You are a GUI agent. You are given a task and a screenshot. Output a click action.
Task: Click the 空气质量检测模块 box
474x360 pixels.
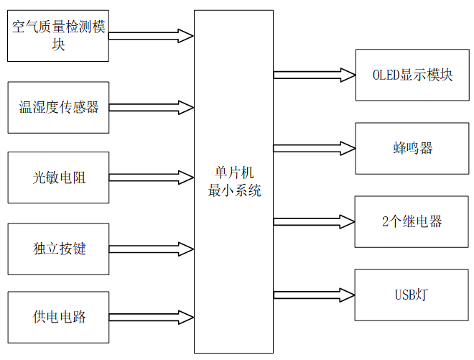tap(58, 35)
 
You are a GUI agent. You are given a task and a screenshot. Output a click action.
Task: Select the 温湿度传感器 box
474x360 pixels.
tap(58, 108)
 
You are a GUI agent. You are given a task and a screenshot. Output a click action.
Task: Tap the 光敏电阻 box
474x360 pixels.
tap(58, 177)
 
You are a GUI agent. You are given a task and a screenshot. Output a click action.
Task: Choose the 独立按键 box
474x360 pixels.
tap(58, 248)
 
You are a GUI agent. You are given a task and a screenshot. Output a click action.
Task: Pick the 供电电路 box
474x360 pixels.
tap(58, 317)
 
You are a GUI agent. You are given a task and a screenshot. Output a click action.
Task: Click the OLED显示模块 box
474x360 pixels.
tap(412, 75)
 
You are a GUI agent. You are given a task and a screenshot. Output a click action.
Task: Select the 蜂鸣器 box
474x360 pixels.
tap(412, 148)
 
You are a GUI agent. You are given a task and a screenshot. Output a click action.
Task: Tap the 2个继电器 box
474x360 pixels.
tap(412, 221)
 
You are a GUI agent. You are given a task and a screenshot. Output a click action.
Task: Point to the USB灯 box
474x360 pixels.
tap(412, 295)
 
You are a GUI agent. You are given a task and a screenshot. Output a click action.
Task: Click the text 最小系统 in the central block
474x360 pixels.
tap(234, 191)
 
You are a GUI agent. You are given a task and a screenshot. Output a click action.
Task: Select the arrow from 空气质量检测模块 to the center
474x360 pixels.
tap(152, 35)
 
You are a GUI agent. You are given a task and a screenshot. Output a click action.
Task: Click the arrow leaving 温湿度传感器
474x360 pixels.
tap(152, 108)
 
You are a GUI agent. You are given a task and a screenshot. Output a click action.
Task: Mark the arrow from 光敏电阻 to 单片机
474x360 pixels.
tap(152, 177)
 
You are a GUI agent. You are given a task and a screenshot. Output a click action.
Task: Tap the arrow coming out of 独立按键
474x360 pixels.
tap(152, 249)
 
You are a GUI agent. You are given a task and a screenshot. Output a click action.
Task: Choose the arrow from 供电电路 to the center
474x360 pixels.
tap(152, 317)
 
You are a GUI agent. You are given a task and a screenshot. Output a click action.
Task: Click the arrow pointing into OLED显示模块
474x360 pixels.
tap(315, 75)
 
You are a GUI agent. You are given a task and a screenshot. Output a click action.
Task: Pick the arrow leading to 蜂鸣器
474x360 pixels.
tap(315, 148)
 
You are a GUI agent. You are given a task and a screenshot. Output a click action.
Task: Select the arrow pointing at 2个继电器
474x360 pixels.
tap(315, 221)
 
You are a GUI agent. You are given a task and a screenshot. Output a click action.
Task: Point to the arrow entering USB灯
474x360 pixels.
tap(315, 295)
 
